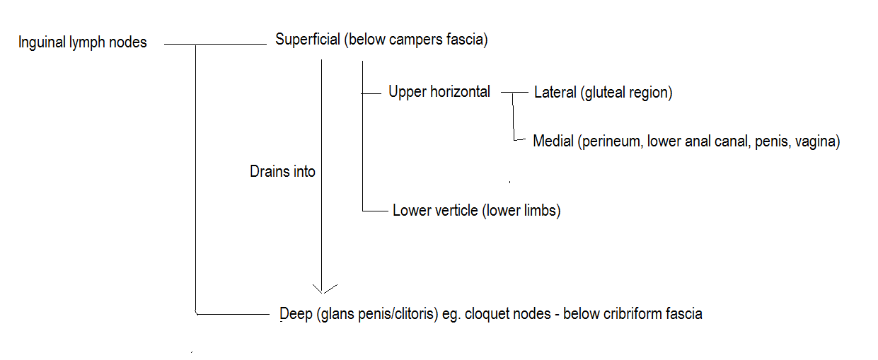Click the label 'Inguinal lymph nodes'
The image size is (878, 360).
click(x=82, y=42)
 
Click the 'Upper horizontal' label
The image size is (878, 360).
click(x=439, y=91)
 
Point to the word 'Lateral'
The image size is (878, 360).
click(x=555, y=92)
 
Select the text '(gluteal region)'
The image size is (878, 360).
click(x=626, y=93)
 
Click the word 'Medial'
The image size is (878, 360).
click(x=553, y=141)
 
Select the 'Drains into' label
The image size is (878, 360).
click(x=282, y=171)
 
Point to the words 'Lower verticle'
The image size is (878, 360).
click(x=435, y=211)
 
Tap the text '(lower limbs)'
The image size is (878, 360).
click(x=521, y=211)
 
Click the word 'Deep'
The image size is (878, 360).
click(x=296, y=313)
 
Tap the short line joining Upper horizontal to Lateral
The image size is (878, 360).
click(x=514, y=92)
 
